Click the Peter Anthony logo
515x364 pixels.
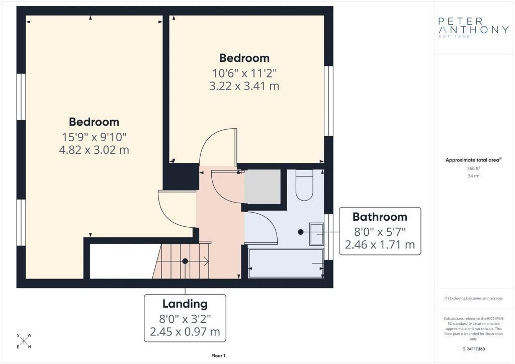(473, 28)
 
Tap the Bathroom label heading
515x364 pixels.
(380, 217)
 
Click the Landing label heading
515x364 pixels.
(185, 304)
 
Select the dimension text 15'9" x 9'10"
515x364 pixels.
(94, 137)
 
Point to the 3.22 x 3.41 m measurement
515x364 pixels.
(244, 86)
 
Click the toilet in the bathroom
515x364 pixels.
(304, 185)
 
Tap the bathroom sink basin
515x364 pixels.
(317, 234)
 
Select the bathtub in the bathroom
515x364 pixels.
(286, 263)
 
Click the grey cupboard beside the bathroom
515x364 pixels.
(262, 187)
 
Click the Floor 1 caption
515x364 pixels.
(218, 355)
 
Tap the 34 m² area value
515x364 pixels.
(473, 176)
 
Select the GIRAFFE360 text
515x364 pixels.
(473, 349)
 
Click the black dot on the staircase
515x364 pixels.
(185, 261)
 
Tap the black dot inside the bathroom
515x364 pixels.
(301, 232)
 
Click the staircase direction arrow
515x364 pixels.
(197, 261)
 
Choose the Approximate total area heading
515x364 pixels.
(473, 160)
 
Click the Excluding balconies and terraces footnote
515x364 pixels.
(473, 298)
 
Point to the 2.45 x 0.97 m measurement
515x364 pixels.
(185, 332)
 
